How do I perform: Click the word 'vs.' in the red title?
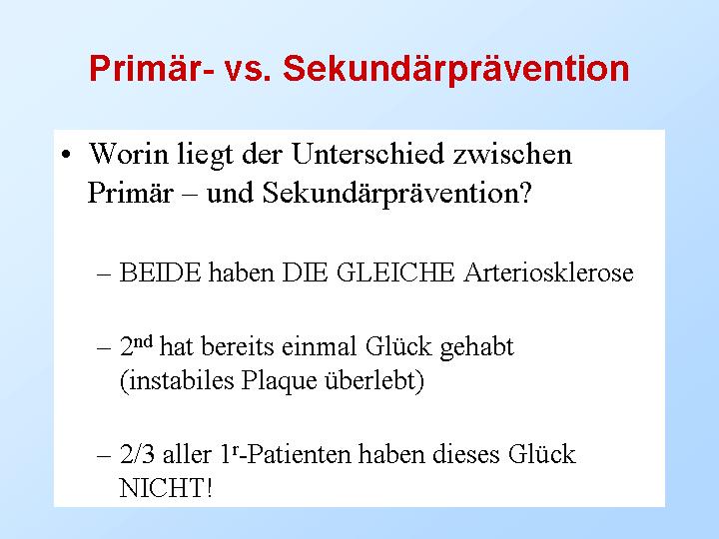tap(248, 69)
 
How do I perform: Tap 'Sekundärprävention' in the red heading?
tap(456, 70)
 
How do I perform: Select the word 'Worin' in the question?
tap(129, 154)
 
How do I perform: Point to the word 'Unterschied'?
tap(367, 154)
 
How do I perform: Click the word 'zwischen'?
tap(512, 154)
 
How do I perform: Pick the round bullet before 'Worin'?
tap(67, 154)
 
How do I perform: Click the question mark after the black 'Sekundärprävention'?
tap(525, 193)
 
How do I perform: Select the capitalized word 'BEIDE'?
tap(160, 272)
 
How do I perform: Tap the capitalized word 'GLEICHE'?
tap(395, 272)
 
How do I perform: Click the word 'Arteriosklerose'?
tap(548, 272)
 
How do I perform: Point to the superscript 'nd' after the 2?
tap(143, 341)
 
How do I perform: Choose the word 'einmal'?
tap(319, 346)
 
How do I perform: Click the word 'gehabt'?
tap(477, 347)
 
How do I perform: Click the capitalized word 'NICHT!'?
tap(166, 488)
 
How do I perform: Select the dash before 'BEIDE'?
tap(104, 274)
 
